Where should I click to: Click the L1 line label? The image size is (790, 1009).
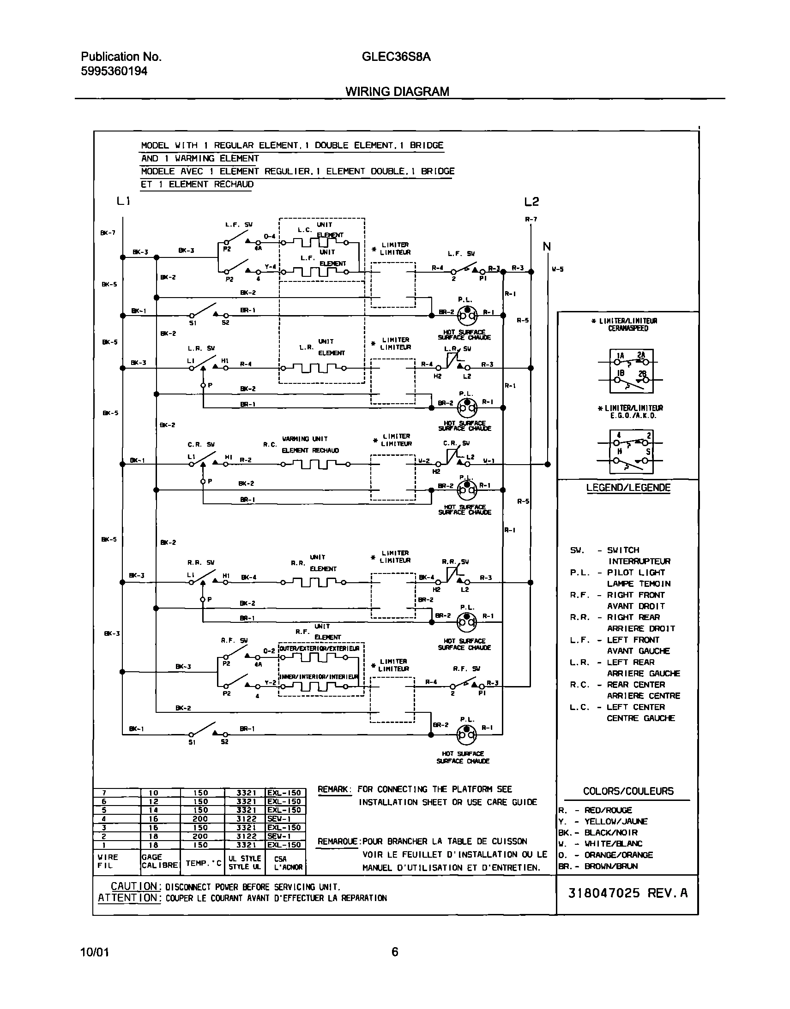123,201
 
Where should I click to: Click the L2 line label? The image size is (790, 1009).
531,202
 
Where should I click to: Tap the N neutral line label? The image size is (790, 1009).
547,247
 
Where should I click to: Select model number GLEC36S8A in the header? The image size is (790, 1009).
396,57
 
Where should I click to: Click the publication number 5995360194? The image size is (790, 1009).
114,71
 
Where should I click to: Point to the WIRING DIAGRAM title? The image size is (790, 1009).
397,91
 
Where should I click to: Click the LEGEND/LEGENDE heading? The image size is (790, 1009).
627,488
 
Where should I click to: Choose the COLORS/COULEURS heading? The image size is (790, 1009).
628,791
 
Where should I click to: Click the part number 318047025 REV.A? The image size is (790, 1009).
627,893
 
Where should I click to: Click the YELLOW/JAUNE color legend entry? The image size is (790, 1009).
615,821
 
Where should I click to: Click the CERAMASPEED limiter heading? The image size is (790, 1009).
627,328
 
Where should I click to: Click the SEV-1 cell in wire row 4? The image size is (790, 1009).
278,819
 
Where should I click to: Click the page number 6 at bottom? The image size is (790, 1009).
394,952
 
